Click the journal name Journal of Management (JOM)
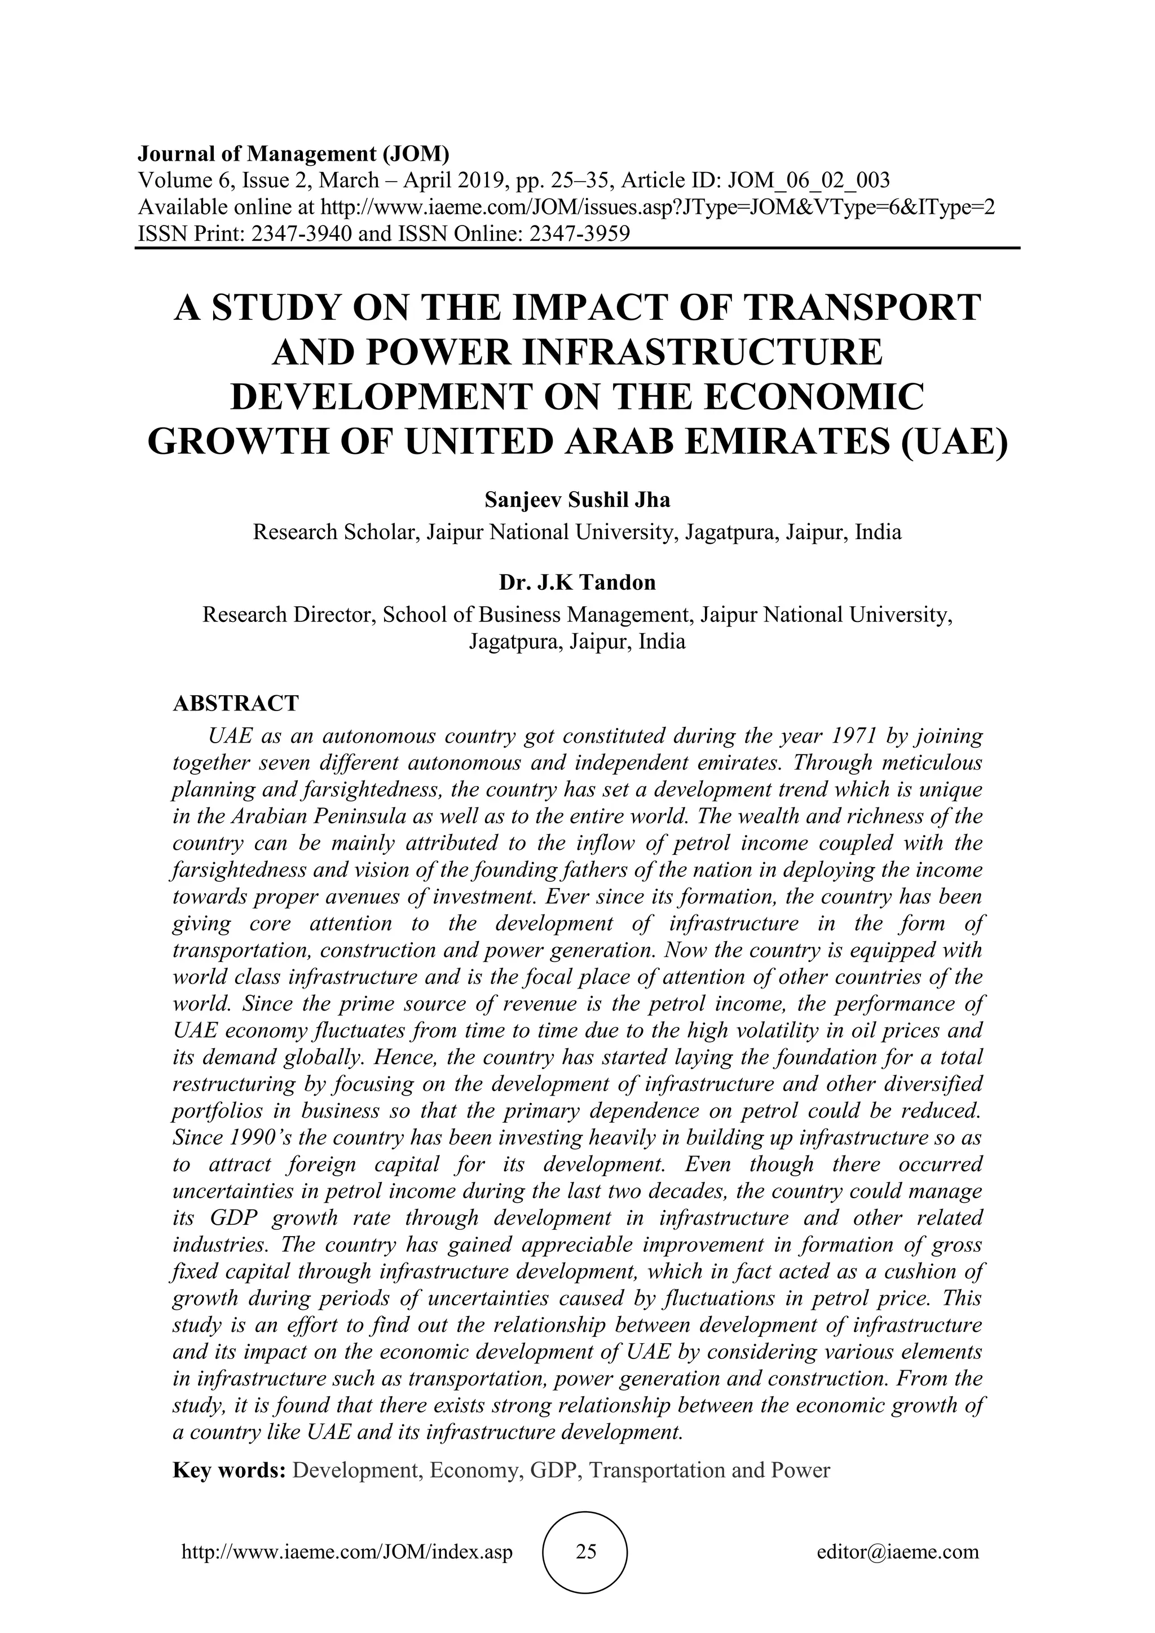point(294,153)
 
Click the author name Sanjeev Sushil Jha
point(577,500)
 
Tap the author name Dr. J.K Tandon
point(577,583)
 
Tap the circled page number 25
point(585,1551)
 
